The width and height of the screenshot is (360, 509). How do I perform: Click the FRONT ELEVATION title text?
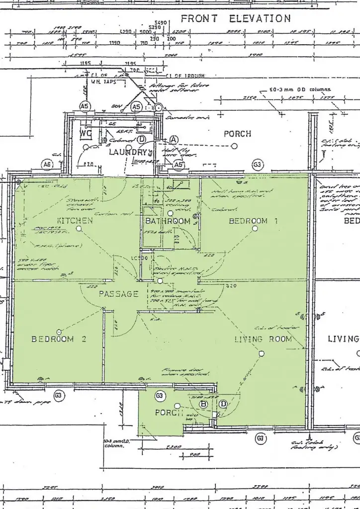pyautogui.click(x=236, y=19)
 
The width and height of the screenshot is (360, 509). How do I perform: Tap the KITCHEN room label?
pyautogui.click(x=75, y=220)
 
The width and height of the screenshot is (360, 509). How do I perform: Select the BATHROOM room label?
pyautogui.click(x=168, y=221)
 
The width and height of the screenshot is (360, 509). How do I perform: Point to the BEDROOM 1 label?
pyautogui.click(x=253, y=221)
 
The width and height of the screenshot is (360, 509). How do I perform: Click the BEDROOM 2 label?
pyautogui.click(x=59, y=339)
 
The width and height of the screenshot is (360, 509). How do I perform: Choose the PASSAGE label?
pyautogui.click(x=118, y=294)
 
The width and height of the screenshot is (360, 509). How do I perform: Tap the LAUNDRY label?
pyautogui.click(x=128, y=152)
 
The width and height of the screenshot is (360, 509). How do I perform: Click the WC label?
pyautogui.click(x=86, y=134)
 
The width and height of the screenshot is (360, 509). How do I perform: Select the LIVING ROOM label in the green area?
pyautogui.click(x=263, y=339)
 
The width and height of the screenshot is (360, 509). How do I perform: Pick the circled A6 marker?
pyautogui.click(x=47, y=164)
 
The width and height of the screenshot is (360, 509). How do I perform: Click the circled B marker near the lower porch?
pyautogui.click(x=203, y=404)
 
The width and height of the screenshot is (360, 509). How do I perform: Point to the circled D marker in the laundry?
pyautogui.click(x=141, y=140)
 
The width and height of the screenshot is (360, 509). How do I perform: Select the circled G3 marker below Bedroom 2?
pyautogui.click(x=59, y=396)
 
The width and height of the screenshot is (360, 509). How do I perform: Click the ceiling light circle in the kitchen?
pyautogui.click(x=79, y=229)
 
